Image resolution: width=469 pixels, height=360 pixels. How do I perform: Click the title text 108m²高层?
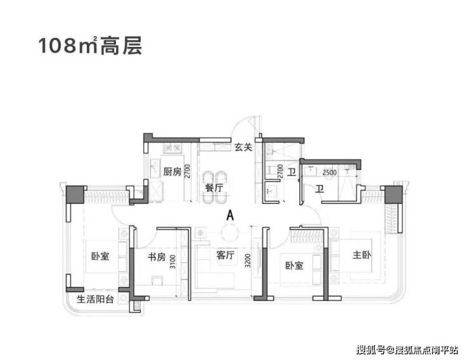pos(89,46)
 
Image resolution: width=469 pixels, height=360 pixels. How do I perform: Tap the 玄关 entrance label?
pos(243,148)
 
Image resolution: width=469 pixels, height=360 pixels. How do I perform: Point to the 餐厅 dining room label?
pos(214,188)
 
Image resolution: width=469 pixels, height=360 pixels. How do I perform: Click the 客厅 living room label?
pos(225,256)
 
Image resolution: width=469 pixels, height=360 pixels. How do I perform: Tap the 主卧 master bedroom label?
pos(364,256)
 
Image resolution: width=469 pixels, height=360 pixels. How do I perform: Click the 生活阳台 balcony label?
pos(96,300)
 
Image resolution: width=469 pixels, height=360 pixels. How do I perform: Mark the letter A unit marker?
pos(229,215)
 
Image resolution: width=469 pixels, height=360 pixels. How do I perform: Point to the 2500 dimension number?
pos(329,172)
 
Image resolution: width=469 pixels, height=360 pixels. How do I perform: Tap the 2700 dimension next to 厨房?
pos(188,172)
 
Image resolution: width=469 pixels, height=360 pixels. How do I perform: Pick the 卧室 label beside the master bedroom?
pos(294,265)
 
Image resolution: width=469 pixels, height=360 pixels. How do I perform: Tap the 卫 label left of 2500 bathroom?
pos(291,172)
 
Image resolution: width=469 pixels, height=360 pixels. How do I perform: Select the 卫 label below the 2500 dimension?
pos(320,188)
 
